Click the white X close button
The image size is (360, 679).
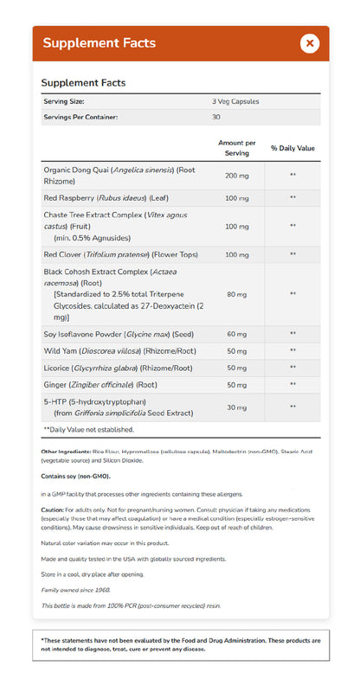pyautogui.click(x=310, y=43)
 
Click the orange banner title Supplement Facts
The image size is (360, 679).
pyautogui.click(x=100, y=43)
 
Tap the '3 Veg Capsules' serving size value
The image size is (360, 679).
pyautogui.click(x=236, y=102)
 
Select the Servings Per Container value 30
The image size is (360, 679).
pyautogui.click(x=216, y=117)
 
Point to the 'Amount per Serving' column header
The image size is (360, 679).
pyautogui.click(x=237, y=146)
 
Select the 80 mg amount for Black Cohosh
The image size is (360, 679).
pyautogui.click(x=237, y=293)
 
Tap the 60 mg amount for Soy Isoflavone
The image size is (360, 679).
pyautogui.click(x=237, y=333)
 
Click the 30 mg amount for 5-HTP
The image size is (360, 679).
pyautogui.click(x=237, y=407)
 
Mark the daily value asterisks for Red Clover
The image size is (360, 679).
pyautogui.click(x=292, y=254)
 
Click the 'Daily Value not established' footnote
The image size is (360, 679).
pyautogui.click(x=89, y=429)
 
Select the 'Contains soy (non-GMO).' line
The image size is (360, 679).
pyautogui.click(x=74, y=476)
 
